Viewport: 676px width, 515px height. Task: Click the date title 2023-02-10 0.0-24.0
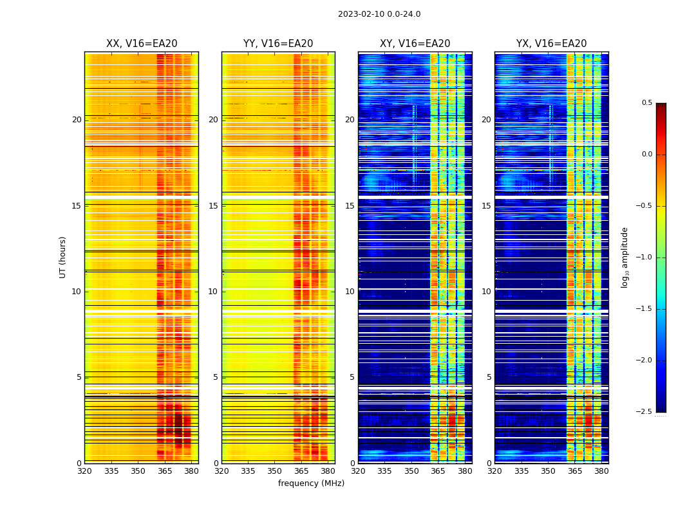[x=379, y=14]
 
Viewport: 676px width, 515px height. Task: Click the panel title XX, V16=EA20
[x=142, y=44]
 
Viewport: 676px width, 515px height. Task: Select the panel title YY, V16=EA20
[x=278, y=44]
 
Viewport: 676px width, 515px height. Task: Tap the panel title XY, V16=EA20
[x=415, y=44]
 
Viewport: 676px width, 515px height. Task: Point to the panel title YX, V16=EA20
[x=551, y=44]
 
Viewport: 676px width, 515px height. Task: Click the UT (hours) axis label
[x=63, y=257]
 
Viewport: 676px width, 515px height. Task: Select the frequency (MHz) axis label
[x=311, y=483]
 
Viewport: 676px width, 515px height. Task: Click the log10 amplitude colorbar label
[x=624, y=257]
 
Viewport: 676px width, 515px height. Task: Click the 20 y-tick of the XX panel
[x=77, y=120]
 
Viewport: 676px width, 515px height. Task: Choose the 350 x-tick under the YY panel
[x=275, y=471]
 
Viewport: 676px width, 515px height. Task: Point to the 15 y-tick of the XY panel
[x=350, y=205]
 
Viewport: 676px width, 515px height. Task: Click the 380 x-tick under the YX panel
[x=601, y=471]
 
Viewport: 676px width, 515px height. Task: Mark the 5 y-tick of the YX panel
[x=489, y=377]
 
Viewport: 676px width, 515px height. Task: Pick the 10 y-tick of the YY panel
[x=213, y=292]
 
